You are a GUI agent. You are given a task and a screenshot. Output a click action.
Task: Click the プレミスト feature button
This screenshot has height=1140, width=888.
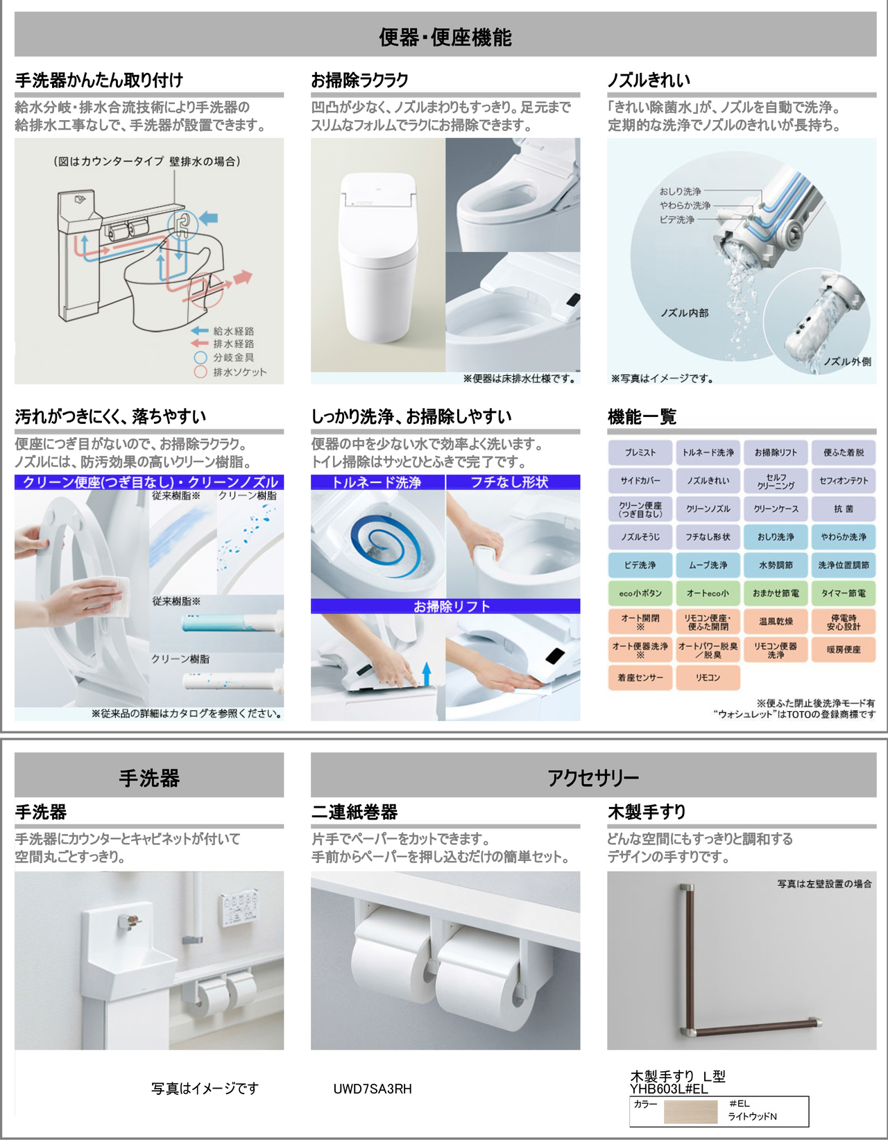point(640,452)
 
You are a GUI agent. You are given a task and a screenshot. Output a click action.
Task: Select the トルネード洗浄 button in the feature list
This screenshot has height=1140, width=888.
point(708,452)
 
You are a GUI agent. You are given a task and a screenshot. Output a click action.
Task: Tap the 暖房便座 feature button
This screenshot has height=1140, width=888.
point(844,649)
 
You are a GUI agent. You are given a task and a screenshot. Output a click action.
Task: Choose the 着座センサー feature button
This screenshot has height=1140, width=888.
point(640,677)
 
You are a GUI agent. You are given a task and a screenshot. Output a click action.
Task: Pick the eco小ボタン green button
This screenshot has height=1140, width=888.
point(640,593)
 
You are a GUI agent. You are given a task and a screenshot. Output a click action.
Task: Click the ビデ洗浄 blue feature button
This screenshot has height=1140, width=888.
point(640,565)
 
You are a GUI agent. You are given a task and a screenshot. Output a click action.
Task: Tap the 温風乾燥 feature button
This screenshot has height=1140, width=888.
point(776,621)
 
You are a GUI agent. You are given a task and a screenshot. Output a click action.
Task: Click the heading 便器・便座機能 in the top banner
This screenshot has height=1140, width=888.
point(445,37)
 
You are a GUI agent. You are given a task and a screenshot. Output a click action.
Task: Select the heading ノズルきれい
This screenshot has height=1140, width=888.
point(648,80)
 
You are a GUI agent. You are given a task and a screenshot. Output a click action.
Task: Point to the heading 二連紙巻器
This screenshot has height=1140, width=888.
point(354,812)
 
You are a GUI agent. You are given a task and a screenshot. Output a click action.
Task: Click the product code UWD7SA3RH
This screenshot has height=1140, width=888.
point(373,1089)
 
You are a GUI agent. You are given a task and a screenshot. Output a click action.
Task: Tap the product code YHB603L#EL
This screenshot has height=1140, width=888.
point(669,1089)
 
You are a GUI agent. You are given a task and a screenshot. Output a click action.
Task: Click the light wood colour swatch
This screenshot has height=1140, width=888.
point(690,1112)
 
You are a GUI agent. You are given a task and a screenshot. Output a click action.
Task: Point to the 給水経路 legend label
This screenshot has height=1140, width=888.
point(233,331)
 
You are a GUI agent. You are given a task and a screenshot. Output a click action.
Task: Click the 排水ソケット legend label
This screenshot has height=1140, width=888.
point(240,372)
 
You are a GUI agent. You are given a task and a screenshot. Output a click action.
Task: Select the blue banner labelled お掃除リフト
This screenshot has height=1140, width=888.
point(445,606)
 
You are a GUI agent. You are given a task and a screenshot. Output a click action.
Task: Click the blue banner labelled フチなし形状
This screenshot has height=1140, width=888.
point(513,482)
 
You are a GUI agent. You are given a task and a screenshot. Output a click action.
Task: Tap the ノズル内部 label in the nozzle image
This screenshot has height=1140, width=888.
point(684,313)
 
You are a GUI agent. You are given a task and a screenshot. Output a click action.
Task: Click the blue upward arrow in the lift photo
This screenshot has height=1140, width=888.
point(427,674)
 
